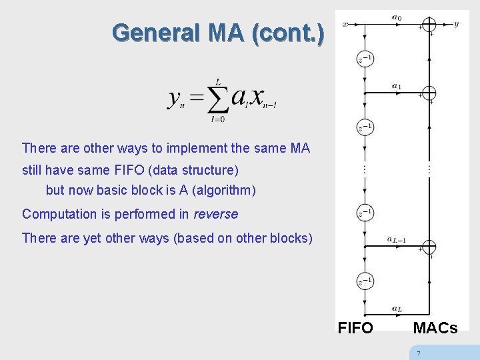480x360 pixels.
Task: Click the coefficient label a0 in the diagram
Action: click(x=397, y=17)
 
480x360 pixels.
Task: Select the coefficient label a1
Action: click(x=397, y=85)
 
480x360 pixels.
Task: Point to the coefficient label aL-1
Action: click(x=397, y=239)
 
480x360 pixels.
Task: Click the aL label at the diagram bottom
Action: click(x=397, y=309)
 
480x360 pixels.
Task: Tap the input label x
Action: click(x=345, y=25)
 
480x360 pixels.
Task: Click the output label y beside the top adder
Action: click(x=456, y=24)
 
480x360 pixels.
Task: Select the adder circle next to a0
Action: click(x=429, y=24)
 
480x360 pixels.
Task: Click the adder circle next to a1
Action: click(x=429, y=93)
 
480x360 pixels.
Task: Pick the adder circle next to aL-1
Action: click(x=429, y=247)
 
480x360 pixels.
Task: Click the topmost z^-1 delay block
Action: click(x=365, y=59)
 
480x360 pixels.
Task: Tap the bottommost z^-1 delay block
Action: click(x=365, y=281)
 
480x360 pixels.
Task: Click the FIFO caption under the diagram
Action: click(x=355, y=327)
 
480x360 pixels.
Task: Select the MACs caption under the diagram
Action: click(x=435, y=327)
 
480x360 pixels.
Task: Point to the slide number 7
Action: click(x=418, y=353)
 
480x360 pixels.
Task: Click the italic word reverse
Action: click(x=215, y=214)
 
